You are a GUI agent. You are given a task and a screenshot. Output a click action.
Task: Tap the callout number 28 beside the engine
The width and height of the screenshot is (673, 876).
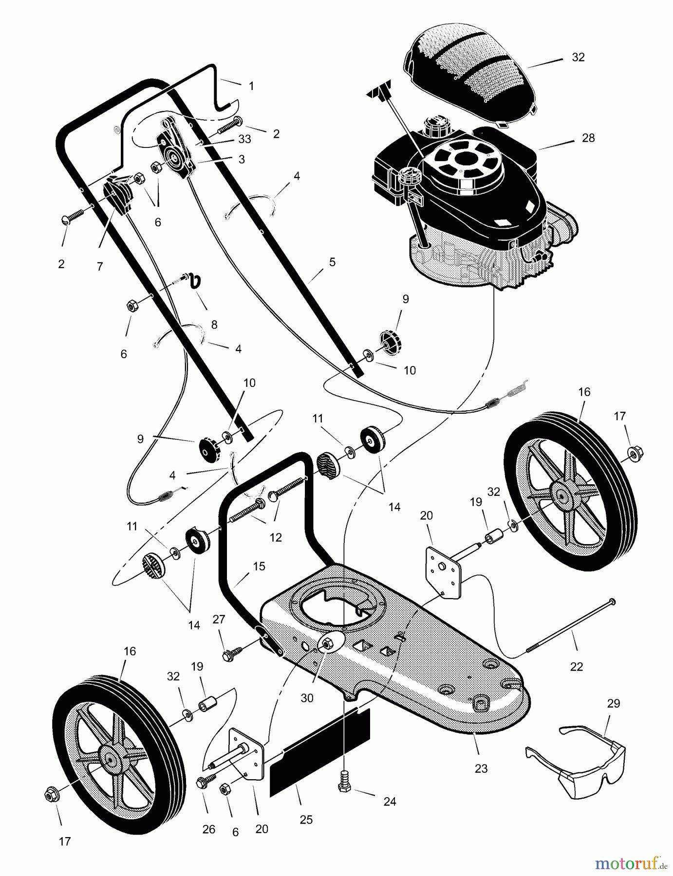point(588,138)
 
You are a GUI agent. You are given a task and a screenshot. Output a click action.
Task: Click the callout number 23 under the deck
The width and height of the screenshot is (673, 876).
point(481,768)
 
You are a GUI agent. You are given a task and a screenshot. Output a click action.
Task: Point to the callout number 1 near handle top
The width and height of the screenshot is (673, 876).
point(251,86)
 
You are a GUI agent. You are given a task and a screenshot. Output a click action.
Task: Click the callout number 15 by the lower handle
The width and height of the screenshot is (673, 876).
point(259,566)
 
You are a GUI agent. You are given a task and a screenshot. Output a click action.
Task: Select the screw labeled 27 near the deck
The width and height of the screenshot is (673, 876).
point(229,655)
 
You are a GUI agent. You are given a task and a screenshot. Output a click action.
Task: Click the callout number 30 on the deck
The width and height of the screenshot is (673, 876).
point(306,698)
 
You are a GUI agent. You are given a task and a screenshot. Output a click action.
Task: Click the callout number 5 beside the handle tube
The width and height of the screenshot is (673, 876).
point(332,262)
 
